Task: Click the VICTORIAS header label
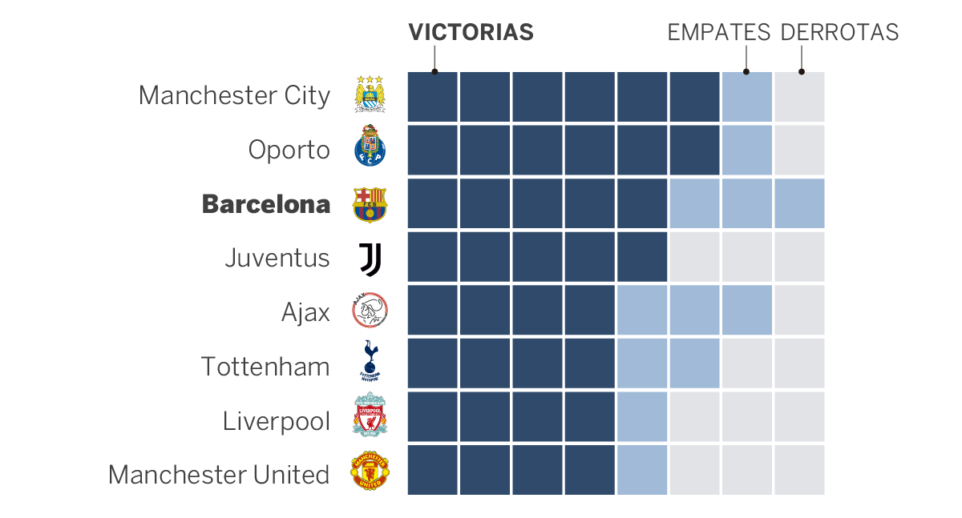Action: pyautogui.click(x=471, y=32)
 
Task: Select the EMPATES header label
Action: pyautogui.click(x=718, y=32)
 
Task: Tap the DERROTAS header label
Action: pyautogui.click(x=839, y=32)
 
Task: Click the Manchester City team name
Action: pyautogui.click(x=234, y=95)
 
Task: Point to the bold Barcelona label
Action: pyautogui.click(x=265, y=204)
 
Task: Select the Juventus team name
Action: pyautogui.click(x=277, y=258)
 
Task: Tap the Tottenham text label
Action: pyautogui.click(x=265, y=367)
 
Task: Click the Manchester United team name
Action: pyautogui.click(x=219, y=475)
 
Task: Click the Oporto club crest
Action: pyautogui.click(x=370, y=148)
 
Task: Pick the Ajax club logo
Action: pyautogui.click(x=370, y=311)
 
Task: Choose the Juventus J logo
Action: pyautogui.click(x=370, y=259)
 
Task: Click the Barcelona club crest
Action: pyautogui.click(x=370, y=204)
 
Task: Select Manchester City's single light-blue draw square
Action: pyautogui.click(x=746, y=97)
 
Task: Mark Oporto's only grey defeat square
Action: pyautogui.click(x=798, y=150)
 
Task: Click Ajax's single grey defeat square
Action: pyautogui.click(x=798, y=311)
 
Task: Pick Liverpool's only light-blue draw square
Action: pyautogui.click(x=641, y=417)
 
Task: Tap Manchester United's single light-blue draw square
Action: pyautogui.click(x=641, y=471)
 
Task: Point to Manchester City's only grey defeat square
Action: pyautogui.click(x=798, y=97)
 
